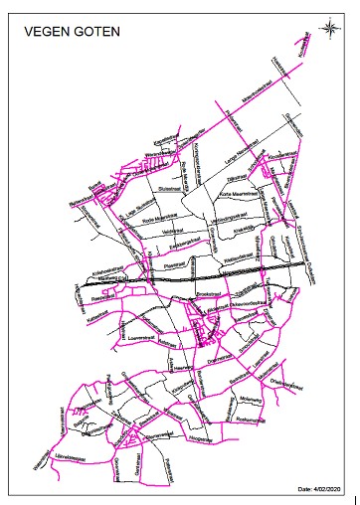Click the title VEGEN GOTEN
[71, 32]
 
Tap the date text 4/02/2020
[320, 489]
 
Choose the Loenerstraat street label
[143, 337]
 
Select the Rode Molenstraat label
[159, 215]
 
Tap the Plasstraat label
[175, 265]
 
